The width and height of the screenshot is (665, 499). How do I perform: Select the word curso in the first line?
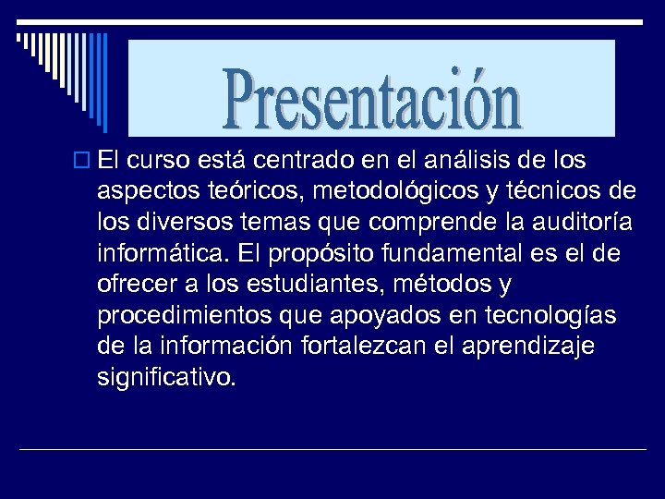157,161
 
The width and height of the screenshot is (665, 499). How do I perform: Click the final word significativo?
166,376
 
